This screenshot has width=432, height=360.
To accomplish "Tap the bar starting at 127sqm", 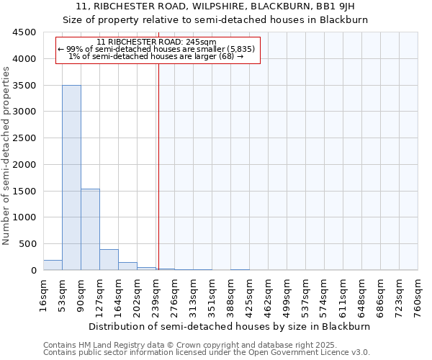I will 109,260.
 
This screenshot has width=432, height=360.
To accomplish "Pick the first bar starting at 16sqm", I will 53,265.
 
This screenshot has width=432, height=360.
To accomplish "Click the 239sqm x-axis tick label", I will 156,294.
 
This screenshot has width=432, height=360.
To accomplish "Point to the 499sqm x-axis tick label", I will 287,294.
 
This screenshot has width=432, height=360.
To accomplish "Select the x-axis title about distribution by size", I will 230,326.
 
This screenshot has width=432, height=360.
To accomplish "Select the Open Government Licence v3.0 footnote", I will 207,353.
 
